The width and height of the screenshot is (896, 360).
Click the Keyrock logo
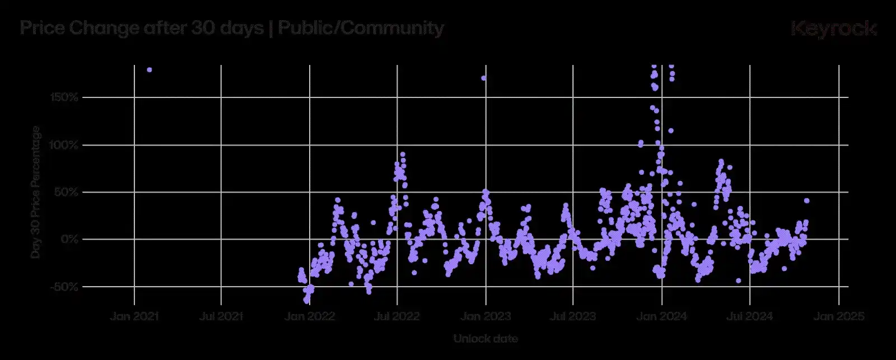[833, 29]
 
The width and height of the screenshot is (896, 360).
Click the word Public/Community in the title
[361, 28]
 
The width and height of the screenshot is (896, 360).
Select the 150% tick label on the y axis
[65, 97]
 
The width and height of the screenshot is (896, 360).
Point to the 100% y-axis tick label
[65, 145]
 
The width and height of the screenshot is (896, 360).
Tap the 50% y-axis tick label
[67, 192]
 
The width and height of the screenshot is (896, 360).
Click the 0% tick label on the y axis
[71, 239]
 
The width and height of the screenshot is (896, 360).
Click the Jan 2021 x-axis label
[134, 316]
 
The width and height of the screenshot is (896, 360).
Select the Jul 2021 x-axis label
[221, 316]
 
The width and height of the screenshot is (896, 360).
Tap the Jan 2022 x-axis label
[310, 316]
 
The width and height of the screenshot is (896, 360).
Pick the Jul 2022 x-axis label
[397, 316]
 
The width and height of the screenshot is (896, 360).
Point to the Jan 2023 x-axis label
[486, 316]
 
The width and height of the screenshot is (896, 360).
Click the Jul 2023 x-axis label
[573, 316]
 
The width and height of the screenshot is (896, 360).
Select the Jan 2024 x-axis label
[662, 316]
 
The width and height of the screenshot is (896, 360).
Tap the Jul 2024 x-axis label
[749, 316]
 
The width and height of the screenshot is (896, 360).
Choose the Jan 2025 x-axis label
[838, 316]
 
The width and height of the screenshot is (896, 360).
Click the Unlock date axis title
[486, 339]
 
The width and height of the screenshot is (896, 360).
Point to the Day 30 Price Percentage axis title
[36, 192]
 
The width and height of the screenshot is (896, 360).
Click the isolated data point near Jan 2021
[150, 69]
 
